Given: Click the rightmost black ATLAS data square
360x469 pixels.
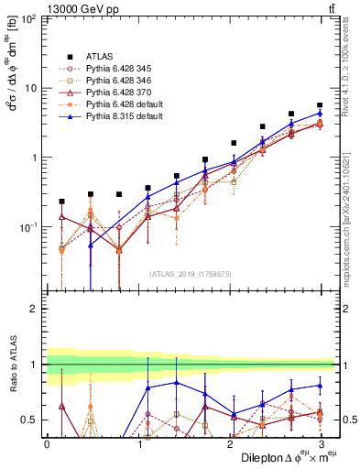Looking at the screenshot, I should [320, 105].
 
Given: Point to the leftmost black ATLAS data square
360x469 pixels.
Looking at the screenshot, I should [61, 202].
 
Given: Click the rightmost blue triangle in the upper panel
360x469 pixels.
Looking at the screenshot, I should [320, 114].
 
